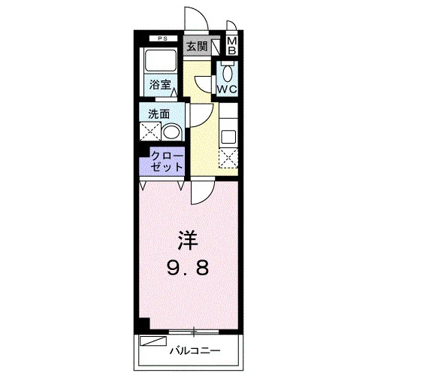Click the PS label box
point(163,39)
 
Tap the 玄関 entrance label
point(197,47)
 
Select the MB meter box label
point(232,46)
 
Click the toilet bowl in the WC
point(228,74)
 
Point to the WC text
point(227,89)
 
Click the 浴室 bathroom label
point(160,84)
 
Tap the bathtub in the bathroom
point(161,61)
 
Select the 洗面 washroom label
point(159,114)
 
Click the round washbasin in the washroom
point(172,132)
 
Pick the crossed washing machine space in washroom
point(150,132)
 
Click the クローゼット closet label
point(167,161)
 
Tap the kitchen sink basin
point(229,137)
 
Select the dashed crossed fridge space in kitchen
point(228,158)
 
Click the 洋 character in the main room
point(189,241)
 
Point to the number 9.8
point(188,268)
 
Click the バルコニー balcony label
point(195,350)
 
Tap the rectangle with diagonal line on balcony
point(153,341)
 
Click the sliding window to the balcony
point(194,332)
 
